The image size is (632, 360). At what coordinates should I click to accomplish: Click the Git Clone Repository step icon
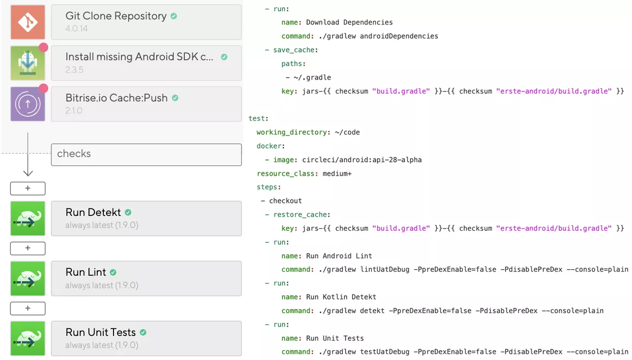coord(28,22)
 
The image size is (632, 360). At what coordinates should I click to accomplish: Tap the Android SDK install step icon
coord(28,63)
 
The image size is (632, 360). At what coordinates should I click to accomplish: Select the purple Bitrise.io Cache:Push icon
coord(28,104)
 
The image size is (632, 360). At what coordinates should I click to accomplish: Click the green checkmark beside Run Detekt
coord(128,212)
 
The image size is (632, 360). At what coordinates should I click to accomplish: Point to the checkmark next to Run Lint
coord(113,272)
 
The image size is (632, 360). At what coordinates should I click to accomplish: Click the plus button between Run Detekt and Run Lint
coord(28,248)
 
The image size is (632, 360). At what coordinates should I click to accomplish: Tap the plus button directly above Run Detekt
coord(28,189)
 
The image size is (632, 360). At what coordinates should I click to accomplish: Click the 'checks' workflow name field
coord(146,154)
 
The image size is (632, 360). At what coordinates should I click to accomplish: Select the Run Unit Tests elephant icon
coord(28,338)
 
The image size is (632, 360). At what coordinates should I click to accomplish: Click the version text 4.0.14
coord(76,29)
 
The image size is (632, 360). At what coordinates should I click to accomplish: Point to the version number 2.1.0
coord(74,111)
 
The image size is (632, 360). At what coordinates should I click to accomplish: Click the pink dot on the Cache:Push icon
coord(44,88)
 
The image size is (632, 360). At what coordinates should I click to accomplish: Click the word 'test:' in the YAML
coord(259,119)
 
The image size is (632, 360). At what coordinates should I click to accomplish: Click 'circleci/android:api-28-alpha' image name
coord(362,160)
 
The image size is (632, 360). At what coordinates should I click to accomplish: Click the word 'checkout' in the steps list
coord(285,201)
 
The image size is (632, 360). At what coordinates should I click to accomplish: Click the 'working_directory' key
coord(292,132)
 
